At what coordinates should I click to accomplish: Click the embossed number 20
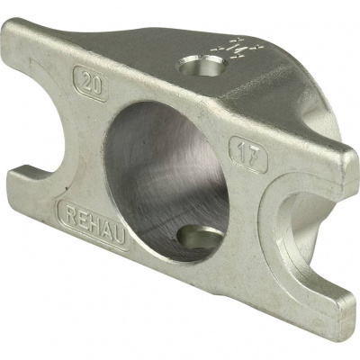coord(90,84)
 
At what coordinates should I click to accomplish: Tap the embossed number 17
coord(248,154)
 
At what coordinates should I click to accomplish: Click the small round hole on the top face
coord(201,67)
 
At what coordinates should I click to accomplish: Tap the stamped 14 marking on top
coord(237,48)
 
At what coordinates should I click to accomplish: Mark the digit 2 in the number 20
coord(85,82)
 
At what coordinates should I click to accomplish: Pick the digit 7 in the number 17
coord(254,156)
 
